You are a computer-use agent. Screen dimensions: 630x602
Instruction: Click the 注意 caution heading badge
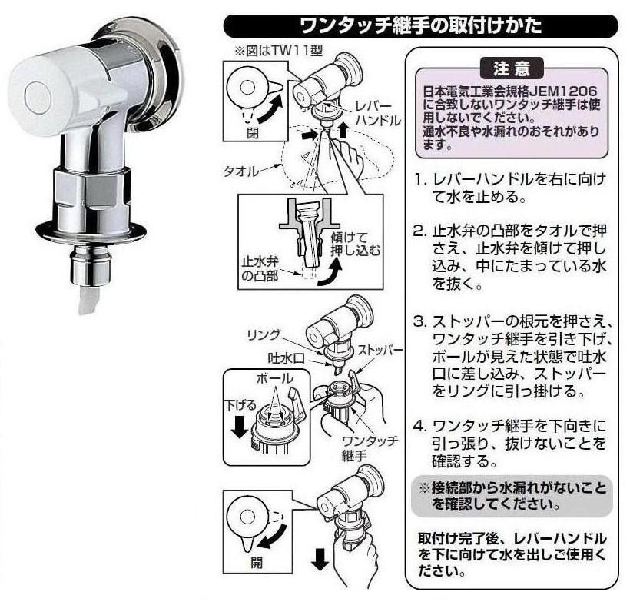tap(512, 68)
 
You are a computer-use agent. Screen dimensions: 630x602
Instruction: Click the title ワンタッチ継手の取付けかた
tap(421, 25)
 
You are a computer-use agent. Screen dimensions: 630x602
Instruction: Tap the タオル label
tap(241, 171)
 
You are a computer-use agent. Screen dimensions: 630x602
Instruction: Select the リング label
tap(264, 335)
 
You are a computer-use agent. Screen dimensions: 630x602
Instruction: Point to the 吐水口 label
tap(287, 358)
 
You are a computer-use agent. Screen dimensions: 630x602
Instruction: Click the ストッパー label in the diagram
tap(380, 350)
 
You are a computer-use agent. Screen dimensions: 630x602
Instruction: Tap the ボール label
tap(275, 378)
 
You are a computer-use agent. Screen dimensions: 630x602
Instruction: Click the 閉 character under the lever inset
tap(252, 132)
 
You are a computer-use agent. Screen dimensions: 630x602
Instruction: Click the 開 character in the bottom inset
tap(257, 562)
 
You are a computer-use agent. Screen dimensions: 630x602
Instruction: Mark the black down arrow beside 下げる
tap(240, 426)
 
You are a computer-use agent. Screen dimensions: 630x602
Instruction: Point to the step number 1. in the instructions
tap(420, 179)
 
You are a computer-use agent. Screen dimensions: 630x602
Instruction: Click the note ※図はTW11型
tap(278, 51)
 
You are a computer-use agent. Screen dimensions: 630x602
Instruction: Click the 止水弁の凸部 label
tap(260, 268)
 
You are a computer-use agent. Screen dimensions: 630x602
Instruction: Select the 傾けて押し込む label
tap(356, 244)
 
